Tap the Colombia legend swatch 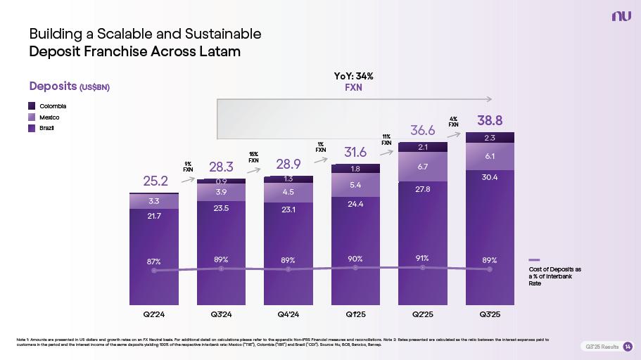(32, 105)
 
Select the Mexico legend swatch (32, 117)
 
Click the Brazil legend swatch (32, 128)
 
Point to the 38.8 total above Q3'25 (490, 120)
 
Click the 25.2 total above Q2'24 (154, 181)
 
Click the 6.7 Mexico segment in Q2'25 (423, 167)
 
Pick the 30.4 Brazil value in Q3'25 (490, 177)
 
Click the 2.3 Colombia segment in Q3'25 (490, 138)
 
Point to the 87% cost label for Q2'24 (154, 261)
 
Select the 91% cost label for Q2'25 (423, 258)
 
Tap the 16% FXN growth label (254, 157)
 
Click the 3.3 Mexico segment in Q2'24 (154, 202)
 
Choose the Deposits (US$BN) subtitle (70, 86)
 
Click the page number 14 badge (628, 347)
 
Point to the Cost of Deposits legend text (554, 276)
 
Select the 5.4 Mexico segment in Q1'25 (355, 185)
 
